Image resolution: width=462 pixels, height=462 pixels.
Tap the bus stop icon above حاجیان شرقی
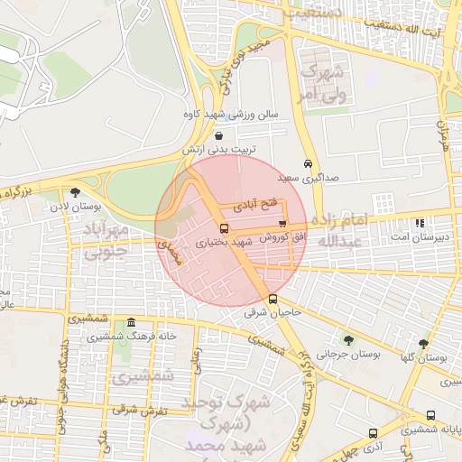[273, 300]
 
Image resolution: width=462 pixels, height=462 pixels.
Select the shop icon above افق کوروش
[282, 223]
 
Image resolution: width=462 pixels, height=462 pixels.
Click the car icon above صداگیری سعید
[309, 164]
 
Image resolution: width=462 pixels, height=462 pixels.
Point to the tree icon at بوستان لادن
[75, 191]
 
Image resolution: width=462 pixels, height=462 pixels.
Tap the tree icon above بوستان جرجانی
[348, 340]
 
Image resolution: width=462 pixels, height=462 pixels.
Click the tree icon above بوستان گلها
[424, 343]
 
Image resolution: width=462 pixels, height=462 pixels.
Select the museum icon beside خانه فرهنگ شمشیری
[132, 322]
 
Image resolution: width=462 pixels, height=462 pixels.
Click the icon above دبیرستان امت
[419, 223]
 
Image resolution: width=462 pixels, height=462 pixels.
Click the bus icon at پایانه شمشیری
[430, 416]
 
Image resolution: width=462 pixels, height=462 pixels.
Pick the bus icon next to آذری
[373, 433]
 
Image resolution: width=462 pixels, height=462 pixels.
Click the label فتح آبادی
[258, 206]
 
